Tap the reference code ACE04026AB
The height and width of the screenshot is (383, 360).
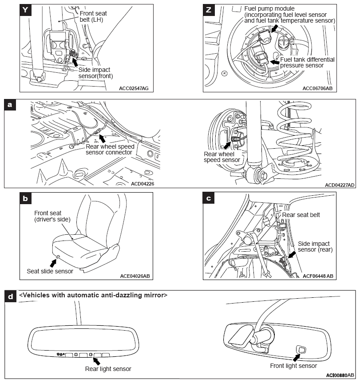click(x=135, y=276)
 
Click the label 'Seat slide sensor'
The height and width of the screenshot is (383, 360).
click(x=50, y=271)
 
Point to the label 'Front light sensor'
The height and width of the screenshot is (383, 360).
click(x=293, y=366)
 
